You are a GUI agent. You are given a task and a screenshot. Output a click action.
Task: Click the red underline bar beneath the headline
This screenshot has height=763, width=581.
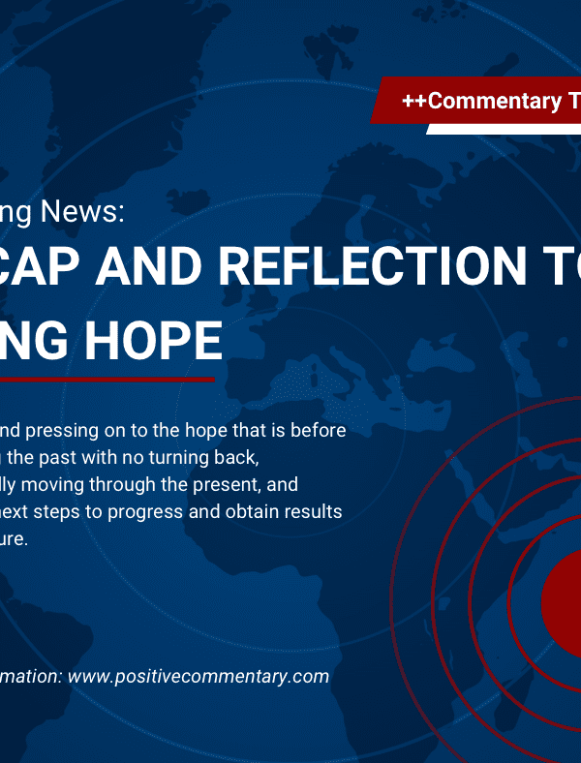(x=107, y=379)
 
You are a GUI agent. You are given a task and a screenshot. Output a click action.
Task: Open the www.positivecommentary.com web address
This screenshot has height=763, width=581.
(x=199, y=676)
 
